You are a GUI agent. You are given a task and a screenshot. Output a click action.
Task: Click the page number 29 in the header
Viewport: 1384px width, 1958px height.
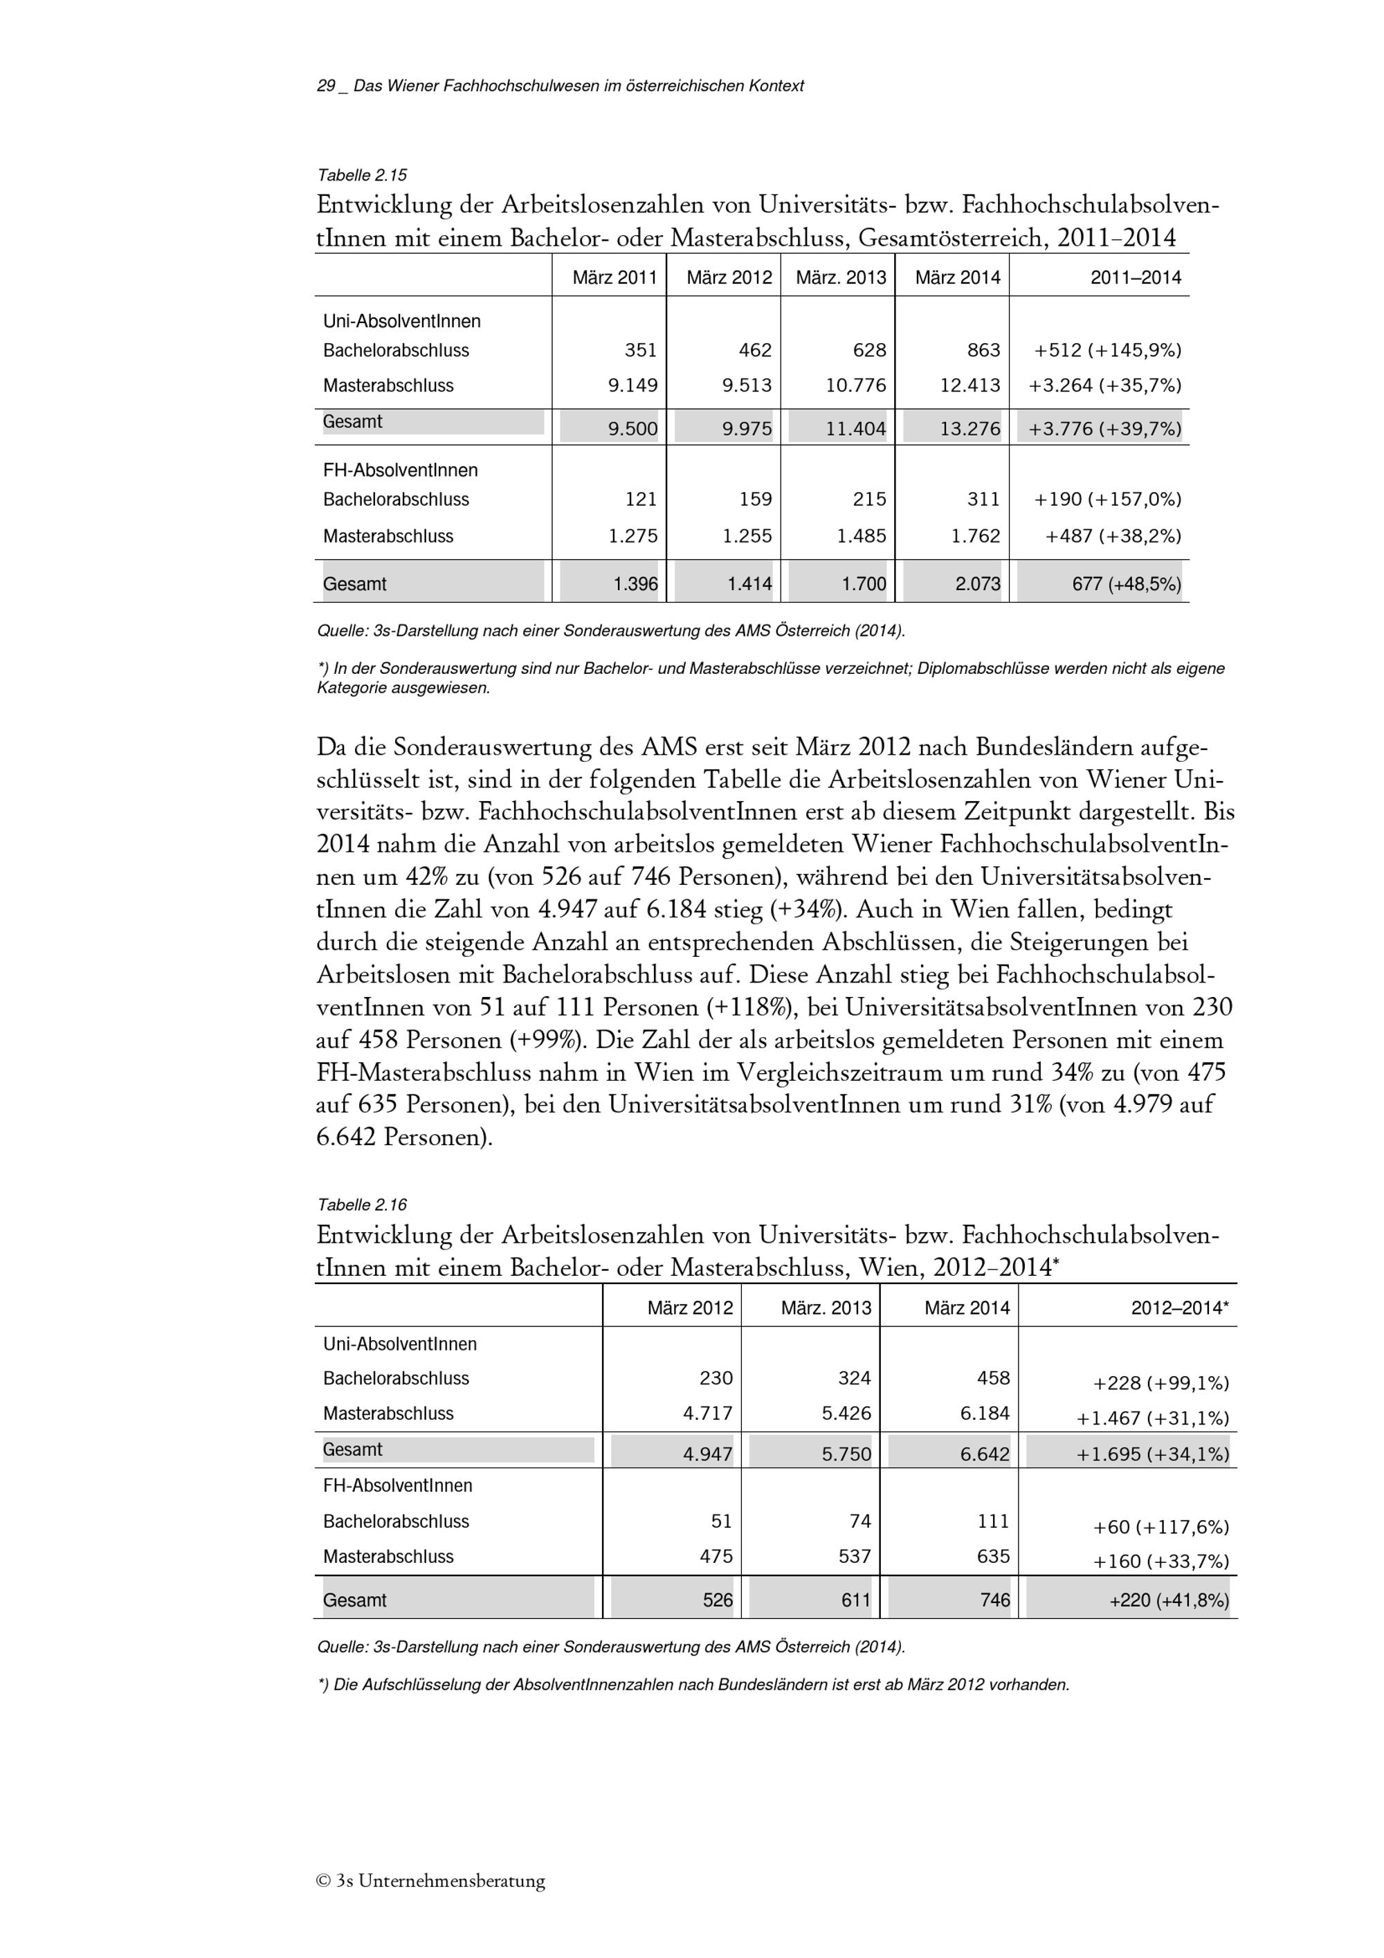tap(326, 86)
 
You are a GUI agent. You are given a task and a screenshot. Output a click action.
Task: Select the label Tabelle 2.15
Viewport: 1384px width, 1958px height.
tap(361, 176)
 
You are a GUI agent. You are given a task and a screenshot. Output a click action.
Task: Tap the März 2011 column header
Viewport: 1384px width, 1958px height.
tap(614, 277)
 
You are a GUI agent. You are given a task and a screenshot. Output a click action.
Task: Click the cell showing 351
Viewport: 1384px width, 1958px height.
tap(640, 351)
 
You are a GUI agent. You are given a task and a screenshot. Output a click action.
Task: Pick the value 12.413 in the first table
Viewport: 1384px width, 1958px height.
tap(969, 385)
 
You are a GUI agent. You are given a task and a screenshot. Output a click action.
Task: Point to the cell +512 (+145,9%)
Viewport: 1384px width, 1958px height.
tap(1107, 351)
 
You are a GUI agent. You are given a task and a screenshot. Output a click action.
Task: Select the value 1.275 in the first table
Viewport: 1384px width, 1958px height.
tap(634, 536)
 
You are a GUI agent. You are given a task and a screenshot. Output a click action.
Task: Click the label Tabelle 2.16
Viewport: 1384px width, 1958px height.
tap(361, 1205)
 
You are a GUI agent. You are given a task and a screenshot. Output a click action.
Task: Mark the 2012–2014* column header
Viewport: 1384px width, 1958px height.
tap(1179, 1308)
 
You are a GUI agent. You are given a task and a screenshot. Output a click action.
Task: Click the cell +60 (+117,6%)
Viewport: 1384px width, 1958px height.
tap(1160, 1528)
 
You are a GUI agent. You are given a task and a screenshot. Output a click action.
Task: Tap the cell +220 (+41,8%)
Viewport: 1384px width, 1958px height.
tap(1168, 1601)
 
